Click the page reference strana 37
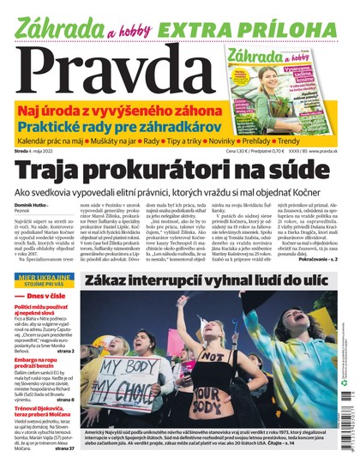(x=64, y=448)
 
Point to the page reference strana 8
(x=68, y=398)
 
